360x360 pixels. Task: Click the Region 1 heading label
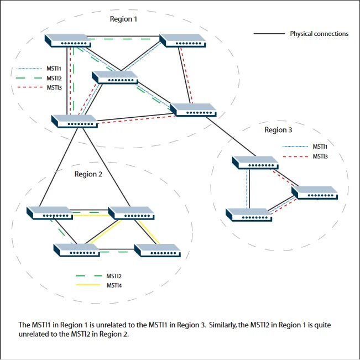tap(123, 19)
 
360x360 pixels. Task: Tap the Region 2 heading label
tap(88, 174)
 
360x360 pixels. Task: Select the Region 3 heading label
tap(278, 130)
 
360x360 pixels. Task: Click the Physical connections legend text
tap(319, 34)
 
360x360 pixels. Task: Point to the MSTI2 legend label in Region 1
tap(54, 78)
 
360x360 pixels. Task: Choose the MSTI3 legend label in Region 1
tap(54, 87)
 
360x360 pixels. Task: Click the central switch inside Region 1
tap(115, 77)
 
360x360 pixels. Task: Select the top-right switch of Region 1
tap(182, 40)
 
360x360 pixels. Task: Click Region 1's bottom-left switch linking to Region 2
tap(74, 121)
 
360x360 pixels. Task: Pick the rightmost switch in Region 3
tap(314, 192)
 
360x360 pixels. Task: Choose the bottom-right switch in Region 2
tap(158, 250)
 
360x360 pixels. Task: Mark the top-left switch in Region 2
tap(49, 212)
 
